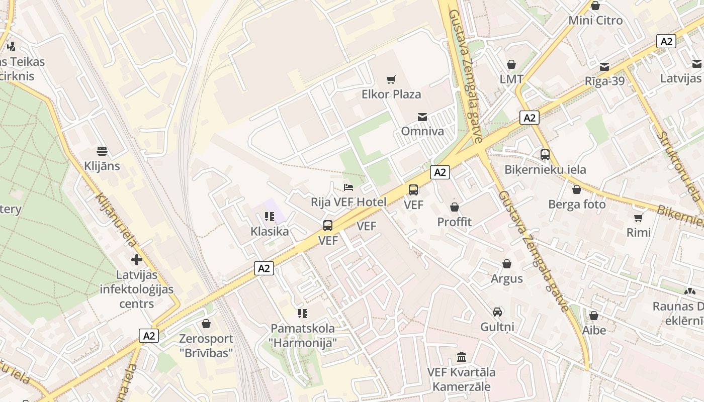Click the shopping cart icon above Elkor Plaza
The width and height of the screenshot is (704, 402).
[391, 79]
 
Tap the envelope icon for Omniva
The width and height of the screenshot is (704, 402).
[422, 117]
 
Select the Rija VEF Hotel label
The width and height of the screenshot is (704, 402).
[348, 202]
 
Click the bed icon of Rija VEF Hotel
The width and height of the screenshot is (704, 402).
[348, 187]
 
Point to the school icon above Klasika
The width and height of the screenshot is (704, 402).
[270, 217]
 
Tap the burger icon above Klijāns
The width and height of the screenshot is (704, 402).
[102, 151]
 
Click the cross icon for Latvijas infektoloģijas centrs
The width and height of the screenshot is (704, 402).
[136, 260]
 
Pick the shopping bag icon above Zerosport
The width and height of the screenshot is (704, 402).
[206, 324]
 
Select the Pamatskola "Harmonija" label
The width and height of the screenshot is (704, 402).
[302, 336]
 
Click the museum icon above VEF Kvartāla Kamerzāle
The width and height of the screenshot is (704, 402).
[461, 357]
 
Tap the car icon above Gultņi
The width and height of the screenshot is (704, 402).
[497, 312]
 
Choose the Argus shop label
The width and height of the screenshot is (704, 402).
[506, 278]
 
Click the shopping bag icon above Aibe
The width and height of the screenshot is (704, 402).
[593, 316]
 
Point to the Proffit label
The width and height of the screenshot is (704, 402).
[454, 222]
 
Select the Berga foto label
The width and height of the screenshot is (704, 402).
[577, 205]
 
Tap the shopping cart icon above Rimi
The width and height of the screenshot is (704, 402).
[638, 218]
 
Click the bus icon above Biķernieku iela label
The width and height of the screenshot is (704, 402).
[545, 155]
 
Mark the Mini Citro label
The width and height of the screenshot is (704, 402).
[595, 21]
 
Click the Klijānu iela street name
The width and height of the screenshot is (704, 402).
[115, 220]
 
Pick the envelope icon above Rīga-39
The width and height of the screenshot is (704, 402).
[604, 66]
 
